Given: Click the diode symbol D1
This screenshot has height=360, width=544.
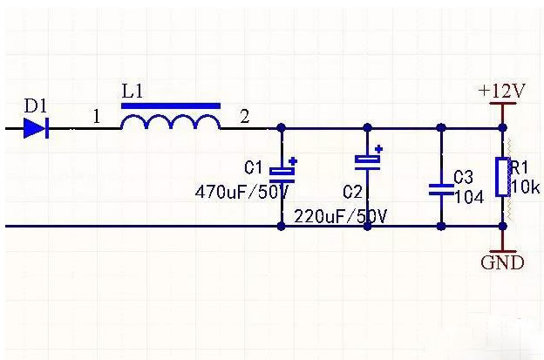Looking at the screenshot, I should pos(36,129).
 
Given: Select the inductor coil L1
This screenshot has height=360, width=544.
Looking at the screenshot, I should pos(170,123).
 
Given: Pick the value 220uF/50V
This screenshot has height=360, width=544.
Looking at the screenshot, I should pos(341,214).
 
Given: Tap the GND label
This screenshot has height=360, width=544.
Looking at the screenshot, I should pos(503,262).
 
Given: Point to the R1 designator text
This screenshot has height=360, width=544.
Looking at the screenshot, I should pos(520,167).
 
